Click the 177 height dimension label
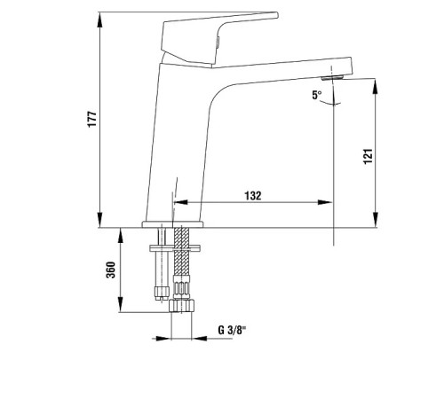point(92,119)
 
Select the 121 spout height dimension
point(368,156)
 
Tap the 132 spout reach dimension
point(253,196)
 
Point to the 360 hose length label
point(111,270)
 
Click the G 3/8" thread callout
point(232,330)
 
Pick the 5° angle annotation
point(317,95)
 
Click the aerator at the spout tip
point(332,78)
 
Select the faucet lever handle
point(219,38)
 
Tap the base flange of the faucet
point(173,224)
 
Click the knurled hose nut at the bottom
point(181,305)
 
